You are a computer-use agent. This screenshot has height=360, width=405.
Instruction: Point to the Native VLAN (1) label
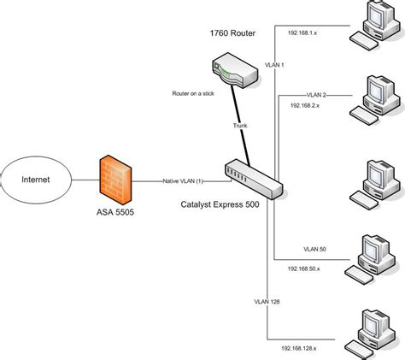183,180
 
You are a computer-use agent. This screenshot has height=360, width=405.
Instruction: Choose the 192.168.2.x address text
306,105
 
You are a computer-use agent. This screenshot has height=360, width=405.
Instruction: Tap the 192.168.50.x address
306,268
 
